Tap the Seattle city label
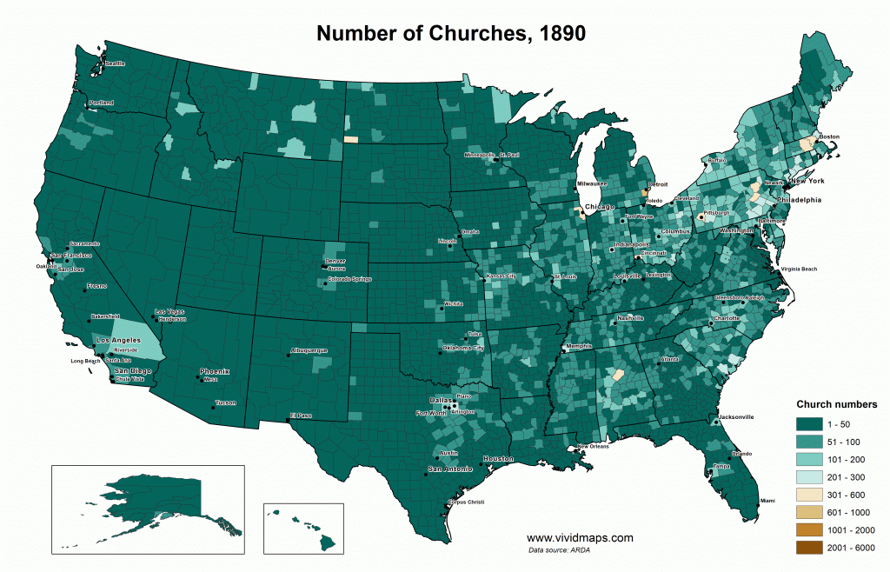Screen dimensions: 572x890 [115, 63]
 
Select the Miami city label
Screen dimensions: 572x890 [767, 501]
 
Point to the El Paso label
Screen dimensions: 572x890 [301, 416]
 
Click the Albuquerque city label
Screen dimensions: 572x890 [309, 350]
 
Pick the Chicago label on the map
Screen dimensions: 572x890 [600, 207]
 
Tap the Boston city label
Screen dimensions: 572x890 [829, 136]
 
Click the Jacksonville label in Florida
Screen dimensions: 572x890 [735, 417]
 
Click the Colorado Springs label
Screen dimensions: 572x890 [349, 279]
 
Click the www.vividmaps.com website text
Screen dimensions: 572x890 [581, 538]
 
